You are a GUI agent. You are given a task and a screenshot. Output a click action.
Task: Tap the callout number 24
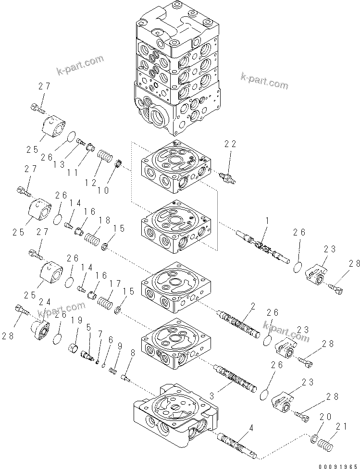(x=44, y=302)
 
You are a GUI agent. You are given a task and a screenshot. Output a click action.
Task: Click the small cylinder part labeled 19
(x=74, y=346)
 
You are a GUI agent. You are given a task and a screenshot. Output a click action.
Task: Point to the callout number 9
(x=119, y=346)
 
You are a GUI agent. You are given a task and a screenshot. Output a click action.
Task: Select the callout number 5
(x=88, y=328)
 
